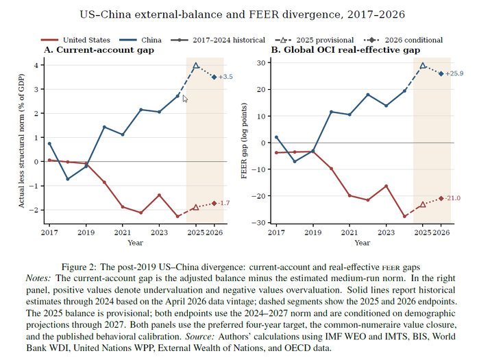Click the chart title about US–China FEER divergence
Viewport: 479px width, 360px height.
click(243, 14)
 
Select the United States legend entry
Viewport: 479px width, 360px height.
click(75, 40)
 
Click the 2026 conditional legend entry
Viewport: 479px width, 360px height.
click(403, 40)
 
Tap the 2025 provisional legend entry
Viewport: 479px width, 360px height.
click(315, 40)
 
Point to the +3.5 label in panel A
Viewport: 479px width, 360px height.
click(225, 77)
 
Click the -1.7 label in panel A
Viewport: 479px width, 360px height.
click(224, 203)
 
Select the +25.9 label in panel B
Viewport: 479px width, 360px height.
click(454, 73)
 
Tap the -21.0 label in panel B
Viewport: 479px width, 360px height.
click(453, 198)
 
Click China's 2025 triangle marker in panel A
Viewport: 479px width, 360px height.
click(196, 65)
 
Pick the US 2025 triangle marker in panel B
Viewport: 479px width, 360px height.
click(423, 204)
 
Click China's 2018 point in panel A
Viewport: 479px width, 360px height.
click(68, 179)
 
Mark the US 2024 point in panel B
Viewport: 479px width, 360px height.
click(404, 217)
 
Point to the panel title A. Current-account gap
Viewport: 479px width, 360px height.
click(99, 50)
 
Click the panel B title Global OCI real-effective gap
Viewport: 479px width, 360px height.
click(345, 50)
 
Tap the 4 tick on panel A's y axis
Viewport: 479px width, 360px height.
click(36, 65)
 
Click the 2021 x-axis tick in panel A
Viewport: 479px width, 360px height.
click(123, 232)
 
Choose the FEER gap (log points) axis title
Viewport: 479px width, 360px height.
click(244, 141)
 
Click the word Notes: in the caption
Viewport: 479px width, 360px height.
click(38, 278)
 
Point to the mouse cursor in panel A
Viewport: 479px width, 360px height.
click(185, 99)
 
